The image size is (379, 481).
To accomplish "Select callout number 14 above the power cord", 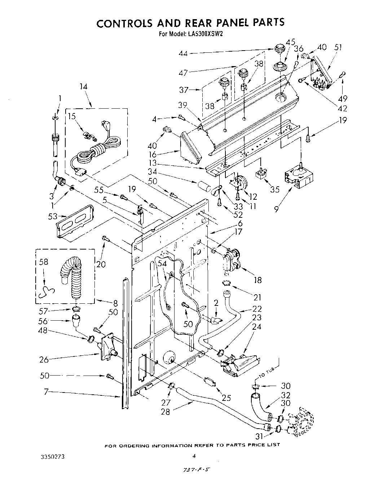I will click(x=84, y=87).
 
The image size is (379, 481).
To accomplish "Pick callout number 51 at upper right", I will click(x=338, y=47).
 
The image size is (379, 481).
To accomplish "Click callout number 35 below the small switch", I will click(x=275, y=190).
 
